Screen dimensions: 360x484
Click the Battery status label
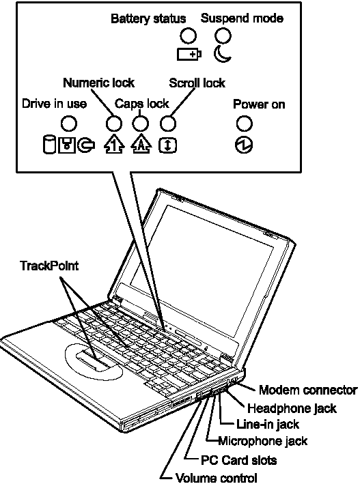(148, 18)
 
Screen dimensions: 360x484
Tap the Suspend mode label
(242, 18)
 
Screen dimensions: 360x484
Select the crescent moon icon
(221, 54)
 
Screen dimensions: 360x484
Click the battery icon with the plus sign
(189, 55)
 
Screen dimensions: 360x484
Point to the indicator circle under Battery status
(188, 35)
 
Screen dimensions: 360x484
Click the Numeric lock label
(99, 83)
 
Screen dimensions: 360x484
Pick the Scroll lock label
(197, 83)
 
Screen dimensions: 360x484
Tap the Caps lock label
(142, 104)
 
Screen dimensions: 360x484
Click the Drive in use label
(55, 104)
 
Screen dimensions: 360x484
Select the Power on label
(259, 104)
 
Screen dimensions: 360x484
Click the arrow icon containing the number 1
(114, 145)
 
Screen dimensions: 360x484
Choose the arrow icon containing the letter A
(141, 145)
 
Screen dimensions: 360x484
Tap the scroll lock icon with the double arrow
(168, 145)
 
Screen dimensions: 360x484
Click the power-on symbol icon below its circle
(244, 145)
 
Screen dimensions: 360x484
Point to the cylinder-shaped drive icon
(49, 145)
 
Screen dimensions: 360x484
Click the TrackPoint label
(49, 266)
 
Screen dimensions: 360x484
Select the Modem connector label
(308, 390)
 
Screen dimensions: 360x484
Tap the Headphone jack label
(292, 408)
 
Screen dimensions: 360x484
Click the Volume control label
(217, 478)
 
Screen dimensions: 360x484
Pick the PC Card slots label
(238, 460)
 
